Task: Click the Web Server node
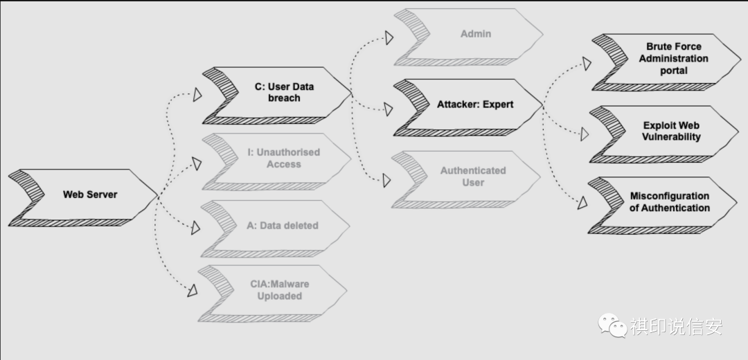pyautogui.click(x=90, y=195)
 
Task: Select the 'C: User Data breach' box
pyautogui.click(x=284, y=93)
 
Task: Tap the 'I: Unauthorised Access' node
pyautogui.click(x=284, y=159)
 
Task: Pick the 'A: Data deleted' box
pyautogui.click(x=284, y=225)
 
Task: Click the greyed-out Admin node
pyautogui.click(x=477, y=33)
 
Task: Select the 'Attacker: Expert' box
pyautogui.click(x=475, y=105)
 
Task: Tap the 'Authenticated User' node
pyautogui.click(x=473, y=177)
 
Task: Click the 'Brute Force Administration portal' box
pyautogui.click(x=673, y=59)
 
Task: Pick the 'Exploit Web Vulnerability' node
pyautogui.click(x=671, y=132)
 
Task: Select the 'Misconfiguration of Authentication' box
pyautogui.click(x=670, y=202)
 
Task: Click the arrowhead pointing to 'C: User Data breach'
pyautogui.click(x=197, y=95)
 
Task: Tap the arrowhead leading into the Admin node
pyautogui.click(x=389, y=35)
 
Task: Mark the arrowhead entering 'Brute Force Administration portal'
pyautogui.click(x=586, y=64)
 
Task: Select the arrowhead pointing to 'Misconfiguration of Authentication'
pyautogui.click(x=582, y=203)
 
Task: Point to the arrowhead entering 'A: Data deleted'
pyautogui.click(x=197, y=227)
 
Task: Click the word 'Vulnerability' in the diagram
pyautogui.click(x=671, y=137)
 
